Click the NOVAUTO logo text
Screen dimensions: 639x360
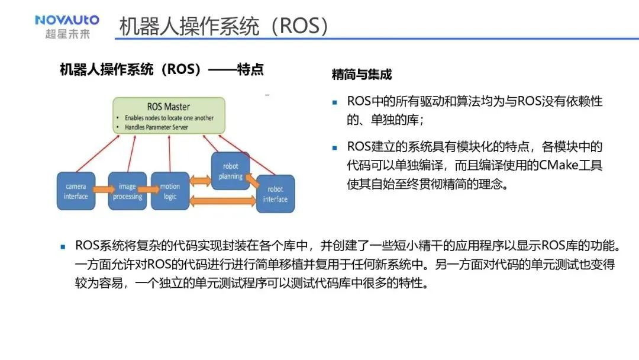(x=67, y=20)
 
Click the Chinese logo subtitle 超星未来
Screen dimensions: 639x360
(x=67, y=34)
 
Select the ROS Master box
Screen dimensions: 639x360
(x=169, y=115)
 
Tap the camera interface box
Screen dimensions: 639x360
(x=76, y=191)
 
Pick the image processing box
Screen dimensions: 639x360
(x=127, y=191)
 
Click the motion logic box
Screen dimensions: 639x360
(x=170, y=191)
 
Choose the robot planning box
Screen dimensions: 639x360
(x=231, y=171)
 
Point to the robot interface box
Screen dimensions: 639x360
(x=276, y=194)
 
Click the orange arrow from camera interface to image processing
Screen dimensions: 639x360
(x=104, y=189)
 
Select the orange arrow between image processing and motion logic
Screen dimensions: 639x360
(x=149, y=189)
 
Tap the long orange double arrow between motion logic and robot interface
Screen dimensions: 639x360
(x=223, y=201)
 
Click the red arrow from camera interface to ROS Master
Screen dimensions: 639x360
(x=98, y=153)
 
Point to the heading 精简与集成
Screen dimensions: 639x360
(x=362, y=75)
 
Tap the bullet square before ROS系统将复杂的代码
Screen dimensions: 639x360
(x=63, y=247)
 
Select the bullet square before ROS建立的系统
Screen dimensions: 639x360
(x=334, y=147)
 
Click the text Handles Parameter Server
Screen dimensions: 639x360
(x=156, y=127)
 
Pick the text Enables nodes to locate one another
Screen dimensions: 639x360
(x=169, y=118)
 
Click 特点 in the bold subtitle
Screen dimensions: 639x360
(x=250, y=69)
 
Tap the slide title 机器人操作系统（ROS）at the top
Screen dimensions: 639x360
(x=224, y=26)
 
